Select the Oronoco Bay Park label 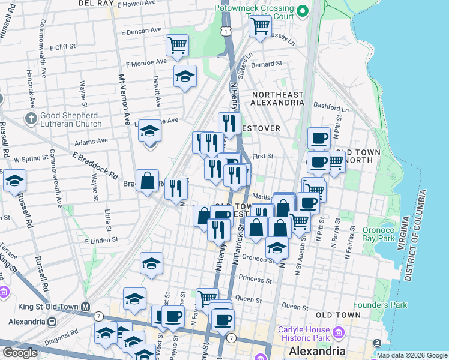387,233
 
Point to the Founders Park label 379,305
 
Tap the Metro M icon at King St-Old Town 86,307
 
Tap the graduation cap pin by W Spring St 14,180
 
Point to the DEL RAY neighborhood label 96,4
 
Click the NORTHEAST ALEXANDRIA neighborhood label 278,98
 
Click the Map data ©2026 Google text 412,355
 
